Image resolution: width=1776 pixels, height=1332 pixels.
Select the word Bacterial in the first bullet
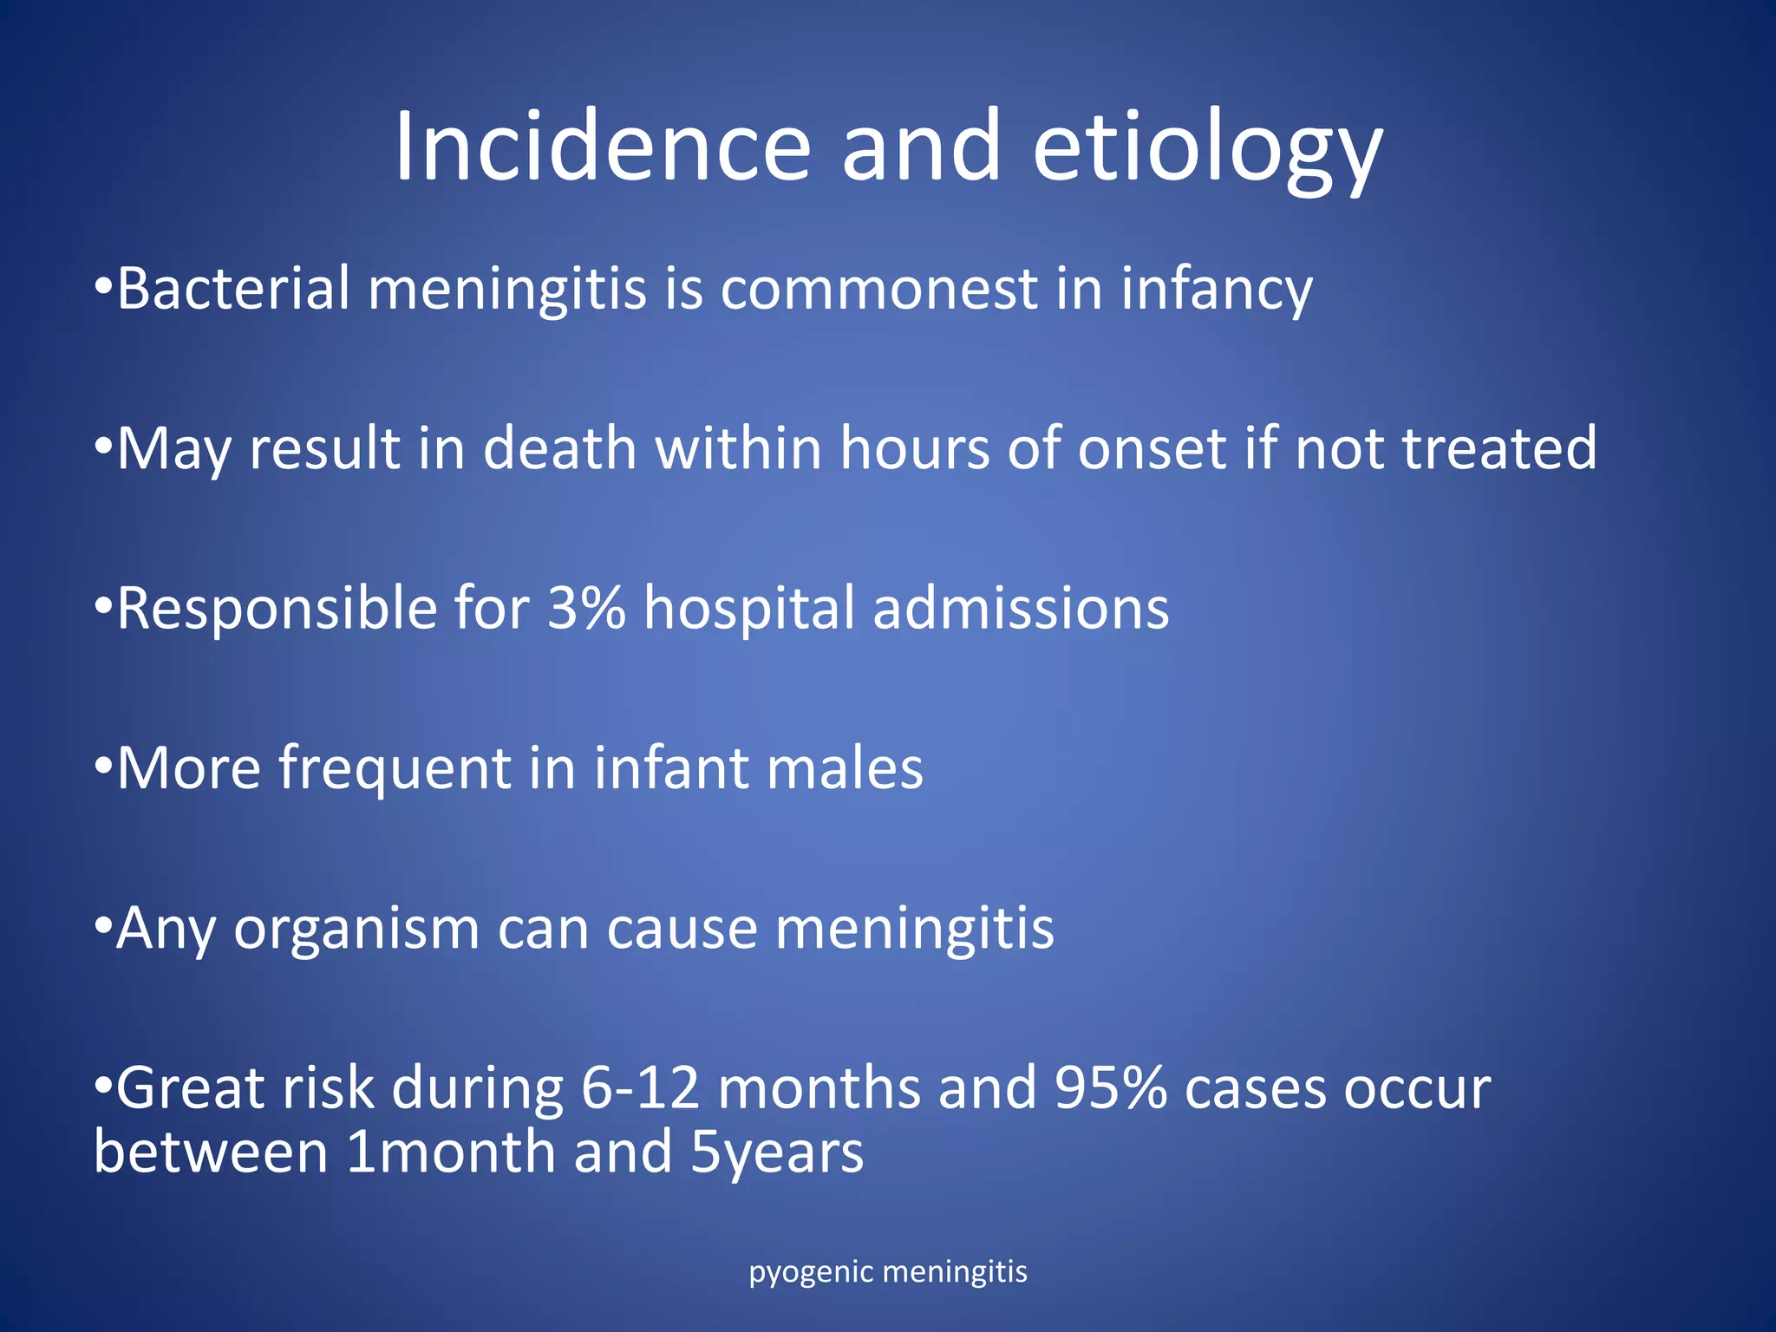233,288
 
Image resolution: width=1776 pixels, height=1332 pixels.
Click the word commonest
878,290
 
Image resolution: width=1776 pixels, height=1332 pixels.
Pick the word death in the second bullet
559,448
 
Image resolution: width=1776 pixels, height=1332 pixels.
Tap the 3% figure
586,608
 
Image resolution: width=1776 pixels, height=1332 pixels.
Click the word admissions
1021,608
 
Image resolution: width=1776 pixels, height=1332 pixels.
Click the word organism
356,930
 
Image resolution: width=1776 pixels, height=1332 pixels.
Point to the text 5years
777,1154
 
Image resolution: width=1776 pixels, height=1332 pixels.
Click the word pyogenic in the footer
811,1273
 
